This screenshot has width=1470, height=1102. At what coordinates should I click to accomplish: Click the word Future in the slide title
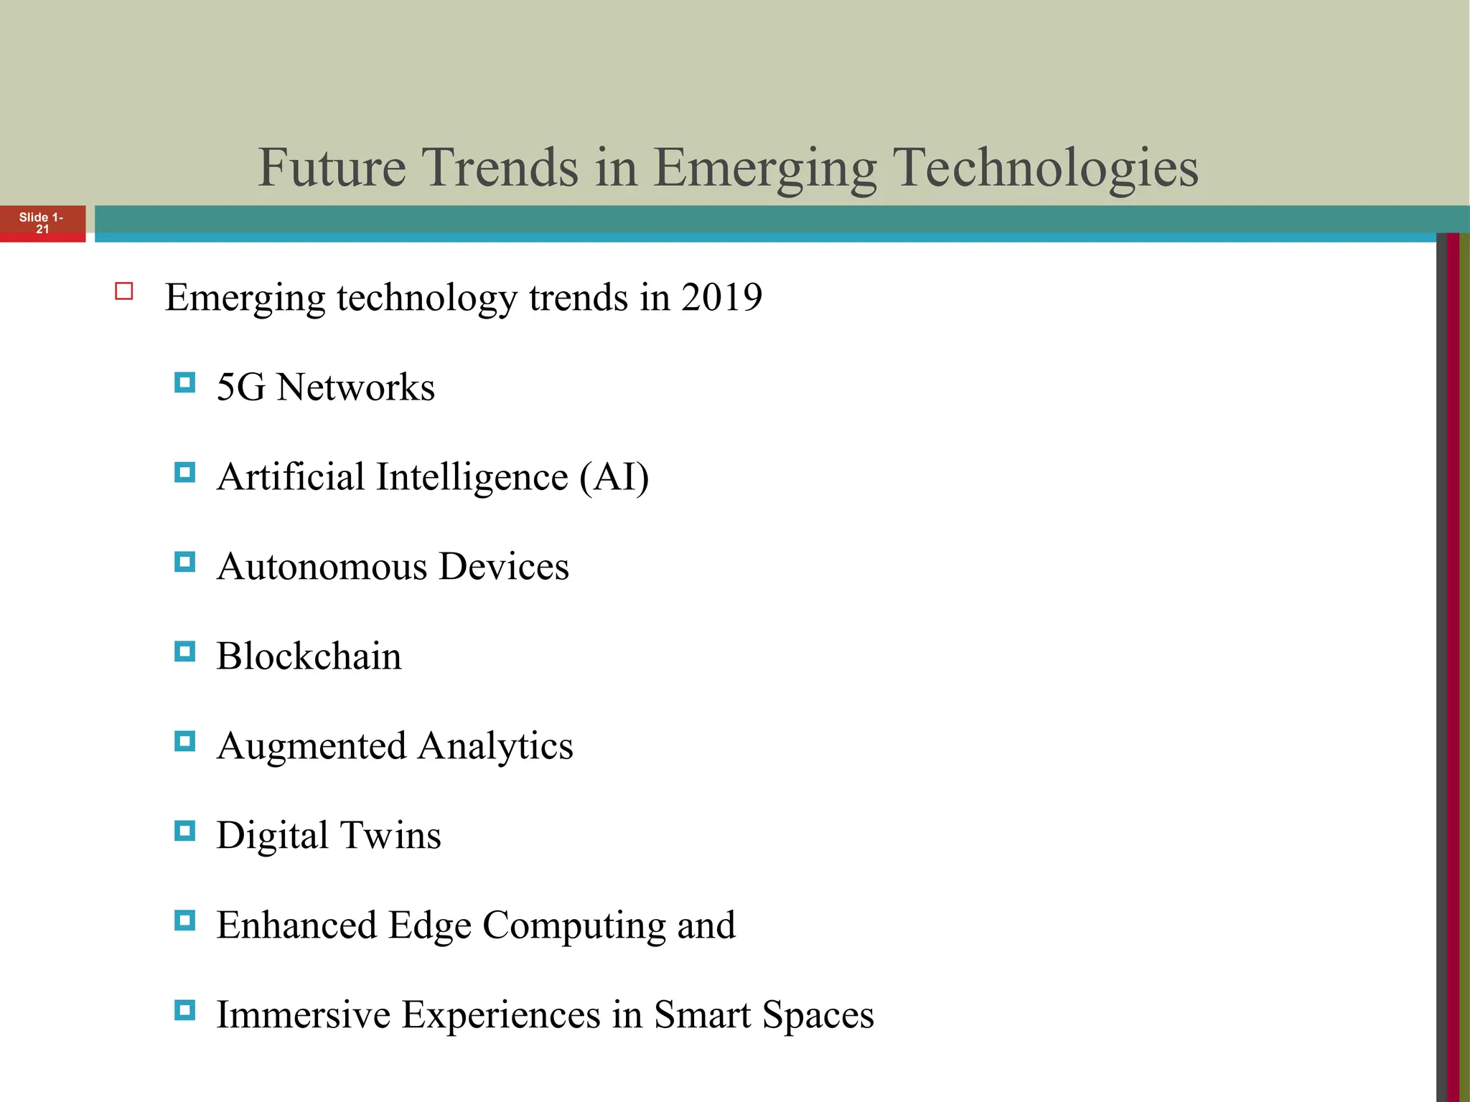click(332, 167)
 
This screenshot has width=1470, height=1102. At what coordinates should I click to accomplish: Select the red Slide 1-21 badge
click(42, 223)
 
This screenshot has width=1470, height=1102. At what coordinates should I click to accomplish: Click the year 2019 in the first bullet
click(721, 297)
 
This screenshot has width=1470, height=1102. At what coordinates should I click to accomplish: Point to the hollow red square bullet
click(124, 291)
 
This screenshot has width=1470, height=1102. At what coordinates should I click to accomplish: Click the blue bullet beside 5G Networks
click(184, 382)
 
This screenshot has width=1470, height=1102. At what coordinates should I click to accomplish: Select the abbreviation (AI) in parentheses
click(614, 477)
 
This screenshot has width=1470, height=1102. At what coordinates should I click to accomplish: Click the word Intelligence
click(472, 477)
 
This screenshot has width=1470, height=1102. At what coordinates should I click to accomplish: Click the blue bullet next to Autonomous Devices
click(184, 562)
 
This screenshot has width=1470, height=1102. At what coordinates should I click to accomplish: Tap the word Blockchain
click(309, 656)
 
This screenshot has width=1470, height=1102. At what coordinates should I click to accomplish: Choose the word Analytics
click(495, 746)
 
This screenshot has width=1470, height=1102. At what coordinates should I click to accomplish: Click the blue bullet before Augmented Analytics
click(184, 741)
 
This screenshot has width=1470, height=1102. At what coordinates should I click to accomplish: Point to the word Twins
click(390, 836)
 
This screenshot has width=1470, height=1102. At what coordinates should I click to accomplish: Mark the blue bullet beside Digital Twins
click(184, 831)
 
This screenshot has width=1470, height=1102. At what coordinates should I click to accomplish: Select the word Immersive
click(302, 1015)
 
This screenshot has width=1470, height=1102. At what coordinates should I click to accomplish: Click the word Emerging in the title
click(764, 167)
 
